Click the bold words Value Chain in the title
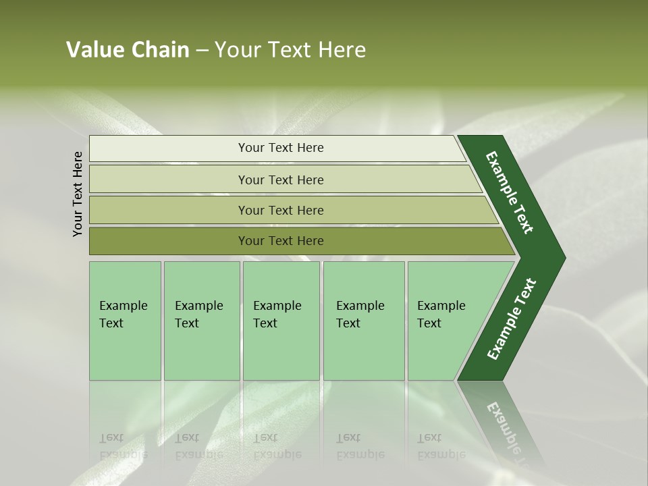(128, 50)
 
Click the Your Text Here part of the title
(290, 50)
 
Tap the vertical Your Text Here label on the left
(78, 194)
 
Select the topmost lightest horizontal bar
(169, 148)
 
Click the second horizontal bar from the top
(169, 180)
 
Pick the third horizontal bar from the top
(169, 210)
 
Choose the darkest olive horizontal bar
(169, 241)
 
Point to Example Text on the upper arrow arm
(510, 192)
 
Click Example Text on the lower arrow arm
(511, 319)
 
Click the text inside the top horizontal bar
(281, 148)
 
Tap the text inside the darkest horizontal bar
(281, 241)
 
